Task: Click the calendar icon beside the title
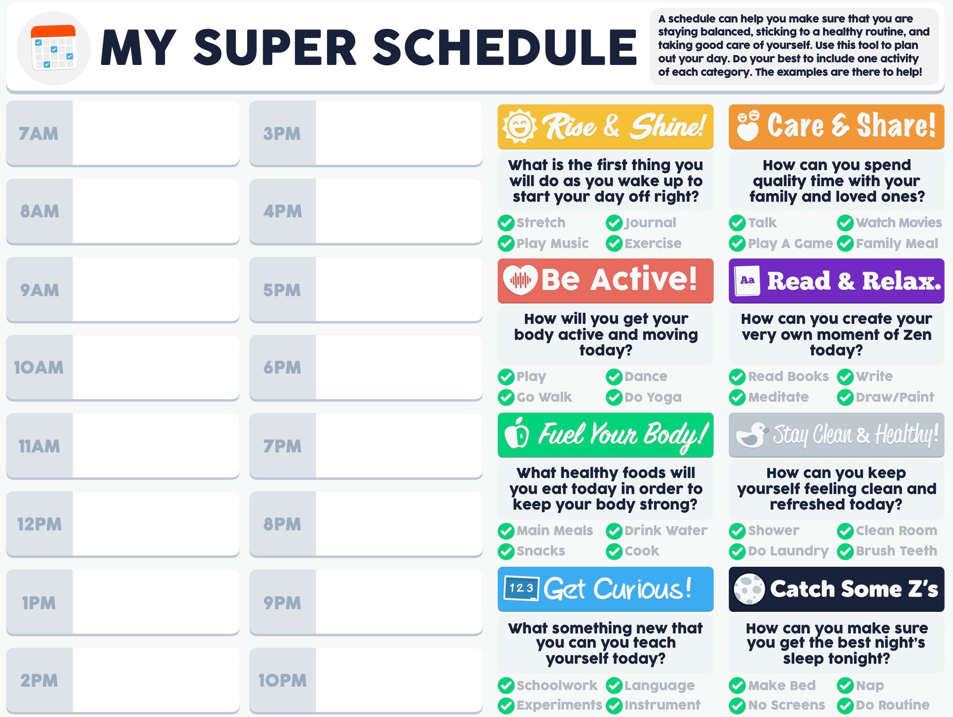(x=54, y=48)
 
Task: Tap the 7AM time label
(x=39, y=134)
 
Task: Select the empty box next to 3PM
(x=399, y=133)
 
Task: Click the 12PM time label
(x=39, y=524)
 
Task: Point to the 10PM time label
(x=282, y=681)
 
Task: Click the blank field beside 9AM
(x=155, y=290)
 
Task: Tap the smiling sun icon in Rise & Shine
(x=519, y=126)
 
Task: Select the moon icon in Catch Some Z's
(x=749, y=589)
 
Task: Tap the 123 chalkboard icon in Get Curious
(x=521, y=589)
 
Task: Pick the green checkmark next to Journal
(x=614, y=223)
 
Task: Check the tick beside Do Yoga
(x=614, y=397)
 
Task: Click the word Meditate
(x=778, y=397)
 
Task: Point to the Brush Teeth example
(x=896, y=551)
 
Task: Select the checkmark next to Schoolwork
(x=506, y=686)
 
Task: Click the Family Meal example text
(x=897, y=243)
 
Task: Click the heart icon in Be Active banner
(x=520, y=280)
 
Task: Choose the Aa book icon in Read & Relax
(x=747, y=281)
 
